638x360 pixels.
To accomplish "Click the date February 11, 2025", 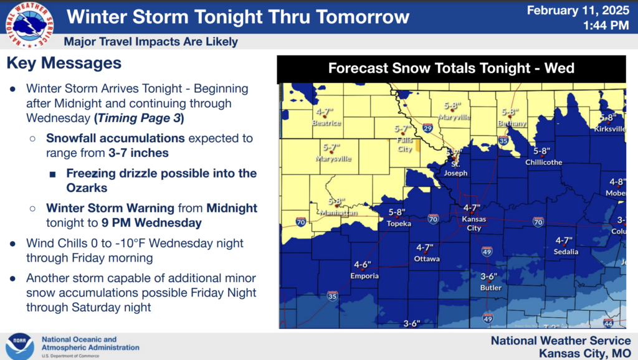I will pos(578,11).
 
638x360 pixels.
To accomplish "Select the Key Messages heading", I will pos(64,63).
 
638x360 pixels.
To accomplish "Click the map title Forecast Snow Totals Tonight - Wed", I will pos(451,68).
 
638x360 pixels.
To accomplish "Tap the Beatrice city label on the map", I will pos(326,123).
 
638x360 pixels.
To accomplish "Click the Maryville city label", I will pos(454,117).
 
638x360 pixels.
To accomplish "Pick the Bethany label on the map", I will pos(512,123).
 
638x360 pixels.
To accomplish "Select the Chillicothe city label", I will pos(543,163).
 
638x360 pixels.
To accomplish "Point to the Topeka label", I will pos(398,223).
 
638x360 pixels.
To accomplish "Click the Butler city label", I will pos(490,288).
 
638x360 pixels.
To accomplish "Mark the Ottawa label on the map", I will pos(427,258).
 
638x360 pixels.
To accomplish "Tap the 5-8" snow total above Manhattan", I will pos(336,202).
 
